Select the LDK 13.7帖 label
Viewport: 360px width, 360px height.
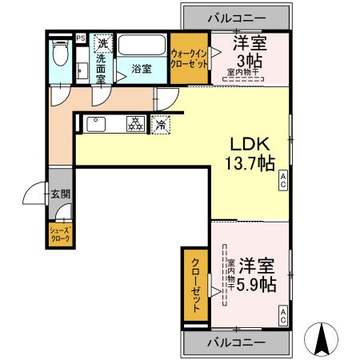point(253,153)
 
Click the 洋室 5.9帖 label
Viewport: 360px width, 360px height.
point(257,274)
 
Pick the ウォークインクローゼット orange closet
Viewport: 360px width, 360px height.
point(189,58)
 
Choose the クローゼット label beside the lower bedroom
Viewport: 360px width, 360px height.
point(194,286)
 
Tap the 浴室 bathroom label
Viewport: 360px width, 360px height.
point(142,69)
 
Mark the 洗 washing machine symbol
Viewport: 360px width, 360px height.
point(102,43)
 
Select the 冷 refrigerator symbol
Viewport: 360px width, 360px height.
point(162,124)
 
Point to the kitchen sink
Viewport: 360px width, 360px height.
point(94,124)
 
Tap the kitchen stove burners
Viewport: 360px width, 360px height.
point(134,124)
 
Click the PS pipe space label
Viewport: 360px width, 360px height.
point(81,37)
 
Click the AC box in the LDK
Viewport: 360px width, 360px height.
point(283,184)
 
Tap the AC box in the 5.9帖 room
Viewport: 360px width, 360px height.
point(283,318)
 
